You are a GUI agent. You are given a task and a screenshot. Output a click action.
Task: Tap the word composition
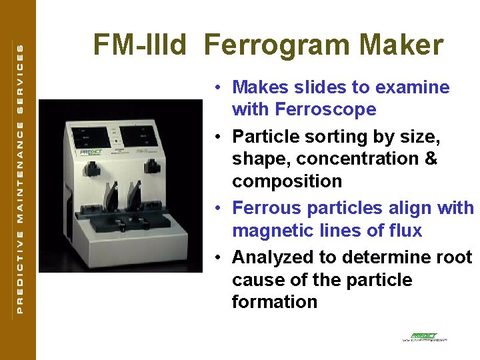pos(287,181)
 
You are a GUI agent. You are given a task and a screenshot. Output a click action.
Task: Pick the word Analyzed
pos(273,257)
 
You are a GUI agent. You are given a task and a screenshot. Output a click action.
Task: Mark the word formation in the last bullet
pos(274,302)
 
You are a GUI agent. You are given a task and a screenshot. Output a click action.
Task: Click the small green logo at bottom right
pos(424,337)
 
